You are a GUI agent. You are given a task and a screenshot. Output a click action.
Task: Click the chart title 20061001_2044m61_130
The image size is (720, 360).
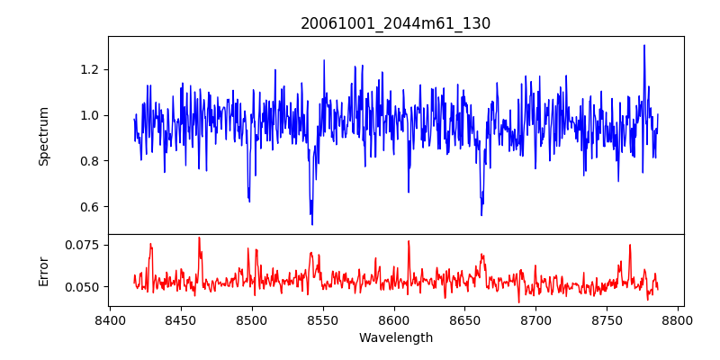pyautogui.click(x=396, y=23)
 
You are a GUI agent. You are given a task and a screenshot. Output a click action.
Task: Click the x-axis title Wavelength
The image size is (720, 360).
pyautogui.click(x=396, y=338)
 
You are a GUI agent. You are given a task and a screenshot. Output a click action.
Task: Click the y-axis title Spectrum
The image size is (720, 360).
pyautogui.click(x=43, y=136)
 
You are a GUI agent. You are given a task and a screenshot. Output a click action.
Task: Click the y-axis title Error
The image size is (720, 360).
pyautogui.click(x=43, y=270)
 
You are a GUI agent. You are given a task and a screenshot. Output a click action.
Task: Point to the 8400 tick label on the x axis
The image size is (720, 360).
pyautogui.click(x=110, y=319)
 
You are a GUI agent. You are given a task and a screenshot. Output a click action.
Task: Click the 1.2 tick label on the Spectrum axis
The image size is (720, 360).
pyautogui.click(x=90, y=69)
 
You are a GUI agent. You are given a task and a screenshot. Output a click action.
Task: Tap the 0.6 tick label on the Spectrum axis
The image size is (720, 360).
pyautogui.click(x=90, y=207)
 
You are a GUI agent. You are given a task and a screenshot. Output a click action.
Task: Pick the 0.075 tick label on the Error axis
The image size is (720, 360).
pyautogui.click(x=83, y=244)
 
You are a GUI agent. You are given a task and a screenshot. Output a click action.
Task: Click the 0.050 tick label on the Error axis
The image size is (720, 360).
pyautogui.click(x=83, y=287)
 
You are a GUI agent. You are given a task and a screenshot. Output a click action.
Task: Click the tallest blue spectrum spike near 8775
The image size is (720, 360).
pyautogui.click(x=644, y=46)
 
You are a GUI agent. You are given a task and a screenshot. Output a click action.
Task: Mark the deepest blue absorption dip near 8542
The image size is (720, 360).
pyautogui.click(x=312, y=223)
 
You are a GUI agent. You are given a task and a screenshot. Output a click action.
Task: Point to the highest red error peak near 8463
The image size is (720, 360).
pyautogui.click(x=199, y=238)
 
